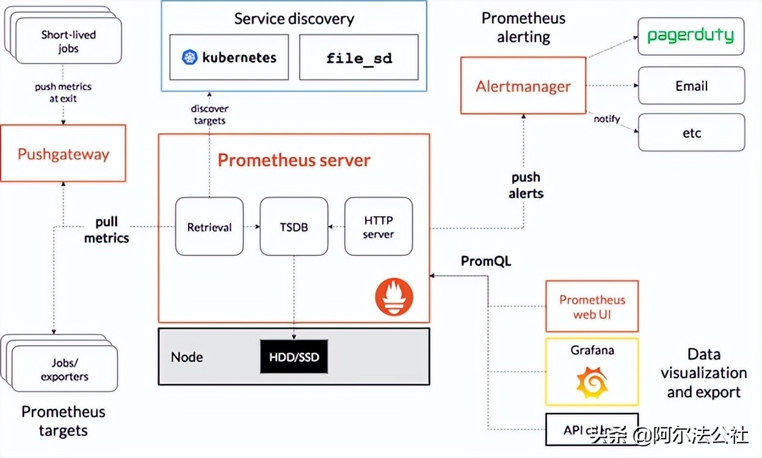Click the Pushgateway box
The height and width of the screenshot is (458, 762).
click(63, 153)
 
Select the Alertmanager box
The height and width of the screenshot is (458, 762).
click(523, 85)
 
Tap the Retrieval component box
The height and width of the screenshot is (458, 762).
click(209, 227)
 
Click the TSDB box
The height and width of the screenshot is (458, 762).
click(294, 227)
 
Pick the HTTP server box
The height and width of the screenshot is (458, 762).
click(379, 227)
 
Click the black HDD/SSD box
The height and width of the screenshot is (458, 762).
click(294, 357)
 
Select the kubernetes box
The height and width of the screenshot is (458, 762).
click(229, 57)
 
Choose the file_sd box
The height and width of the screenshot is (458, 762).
click(358, 57)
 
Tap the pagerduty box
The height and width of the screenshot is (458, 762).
click(691, 35)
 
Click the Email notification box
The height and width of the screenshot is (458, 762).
click(691, 85)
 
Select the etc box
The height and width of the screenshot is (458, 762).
click(691, 133)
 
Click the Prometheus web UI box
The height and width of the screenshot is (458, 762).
click(592, 307)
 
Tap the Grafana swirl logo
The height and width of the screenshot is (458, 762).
click(592, 382)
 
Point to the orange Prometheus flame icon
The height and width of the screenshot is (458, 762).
click(394, 297)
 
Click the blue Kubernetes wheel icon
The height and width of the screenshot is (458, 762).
click(190, 57)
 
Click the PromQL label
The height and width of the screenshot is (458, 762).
click(486, 261)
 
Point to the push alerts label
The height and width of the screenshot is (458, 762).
click(526, 184)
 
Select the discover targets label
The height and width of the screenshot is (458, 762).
click(209, 114)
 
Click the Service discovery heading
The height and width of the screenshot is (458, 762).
click(294, 18)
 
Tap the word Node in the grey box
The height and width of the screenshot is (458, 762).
click(187, 357)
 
